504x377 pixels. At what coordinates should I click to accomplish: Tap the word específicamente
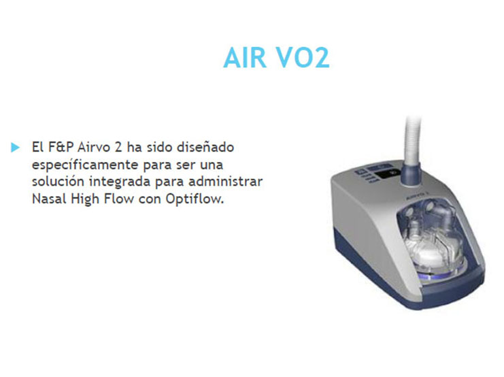click(85, 165)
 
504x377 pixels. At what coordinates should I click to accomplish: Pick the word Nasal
click(48, 201)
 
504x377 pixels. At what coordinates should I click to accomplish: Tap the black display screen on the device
click(394, 176)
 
